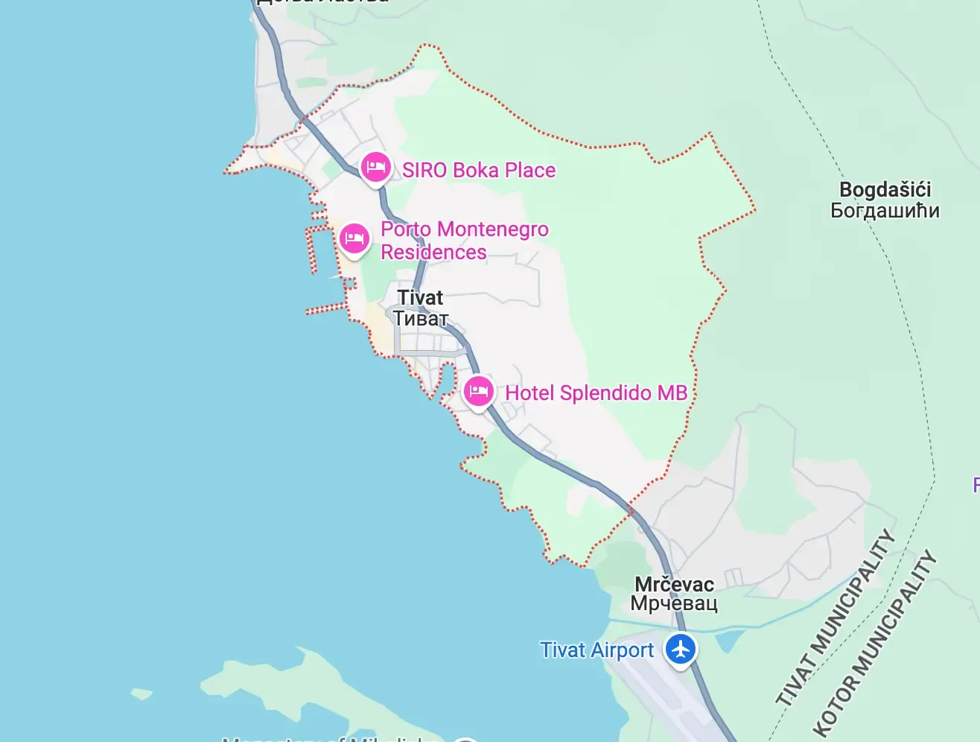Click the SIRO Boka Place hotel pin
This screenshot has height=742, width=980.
coord(376,166)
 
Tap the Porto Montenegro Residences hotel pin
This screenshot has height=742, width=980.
coord(354,238)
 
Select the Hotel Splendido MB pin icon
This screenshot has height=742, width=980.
coord(478,391)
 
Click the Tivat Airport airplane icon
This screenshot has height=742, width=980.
coord(680,648)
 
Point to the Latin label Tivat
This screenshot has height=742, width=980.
coord(420,298)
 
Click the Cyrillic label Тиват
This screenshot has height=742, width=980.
coord(421,319)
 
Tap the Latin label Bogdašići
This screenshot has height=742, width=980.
coord(885,190)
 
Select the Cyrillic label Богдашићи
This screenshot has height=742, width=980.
coord(885,211)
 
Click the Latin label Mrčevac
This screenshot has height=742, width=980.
coord(674,584)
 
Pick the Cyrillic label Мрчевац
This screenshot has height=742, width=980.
coord(674,603)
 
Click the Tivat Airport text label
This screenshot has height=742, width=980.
coord(596,650)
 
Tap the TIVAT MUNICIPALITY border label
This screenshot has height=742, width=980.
coord(835,618)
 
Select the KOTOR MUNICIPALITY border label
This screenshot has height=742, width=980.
coord(874,644)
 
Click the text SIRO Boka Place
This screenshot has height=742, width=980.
coord(479,171)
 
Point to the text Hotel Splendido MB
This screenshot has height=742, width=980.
coord(596,393)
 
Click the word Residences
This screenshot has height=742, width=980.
coord(433,253)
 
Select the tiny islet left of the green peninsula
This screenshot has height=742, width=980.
coord(141,694)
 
